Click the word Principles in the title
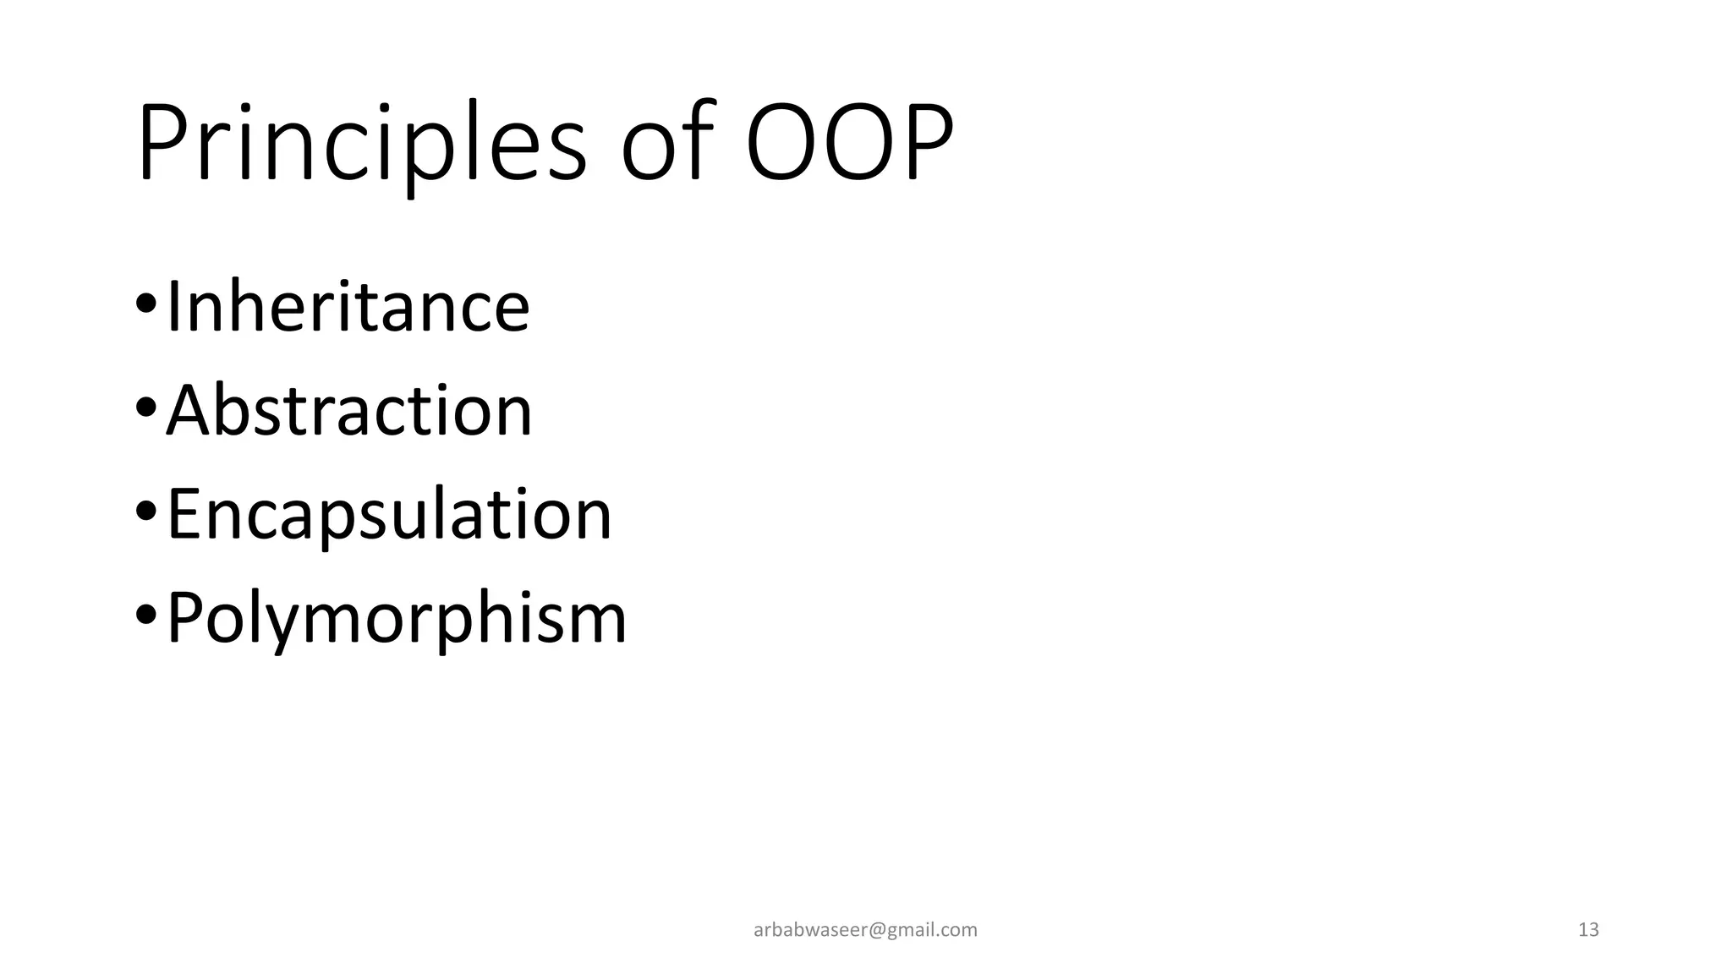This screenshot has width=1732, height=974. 361,144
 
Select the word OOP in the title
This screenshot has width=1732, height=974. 849,144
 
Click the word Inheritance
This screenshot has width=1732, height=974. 348,306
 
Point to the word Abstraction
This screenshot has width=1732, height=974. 349,411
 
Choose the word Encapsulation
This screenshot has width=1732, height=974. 389,514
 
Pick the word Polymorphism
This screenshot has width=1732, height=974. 397,618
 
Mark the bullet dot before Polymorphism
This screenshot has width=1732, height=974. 145,615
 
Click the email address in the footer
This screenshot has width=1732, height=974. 865,930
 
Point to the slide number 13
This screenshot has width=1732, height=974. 1588,930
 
